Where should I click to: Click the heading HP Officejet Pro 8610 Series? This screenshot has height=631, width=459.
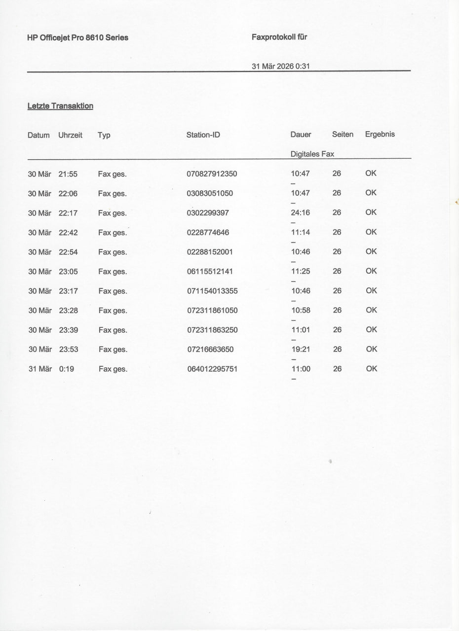point(78,37)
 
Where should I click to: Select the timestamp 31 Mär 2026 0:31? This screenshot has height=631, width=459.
point(280,66)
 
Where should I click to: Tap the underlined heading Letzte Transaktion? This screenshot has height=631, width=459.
point(60,106)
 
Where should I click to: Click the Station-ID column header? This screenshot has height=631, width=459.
point(203,135)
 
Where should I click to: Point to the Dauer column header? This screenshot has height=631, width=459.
point(301,135)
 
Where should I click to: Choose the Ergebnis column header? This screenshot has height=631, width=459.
point(380,134)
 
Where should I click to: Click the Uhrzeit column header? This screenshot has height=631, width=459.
point(70,135)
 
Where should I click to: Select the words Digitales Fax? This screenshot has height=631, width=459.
point(312,154)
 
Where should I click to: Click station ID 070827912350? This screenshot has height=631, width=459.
point(212,174)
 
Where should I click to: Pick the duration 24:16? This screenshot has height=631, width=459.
point(301,212)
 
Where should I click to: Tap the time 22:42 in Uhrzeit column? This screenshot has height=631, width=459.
point(68,233)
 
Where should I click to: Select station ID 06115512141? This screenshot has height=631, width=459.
point(210,272)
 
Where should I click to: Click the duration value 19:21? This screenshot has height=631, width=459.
point(301,349)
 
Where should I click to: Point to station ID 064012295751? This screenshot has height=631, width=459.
point(212,369)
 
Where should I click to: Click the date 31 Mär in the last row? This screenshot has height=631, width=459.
point(40,369)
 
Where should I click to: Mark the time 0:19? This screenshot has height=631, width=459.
point(66,369)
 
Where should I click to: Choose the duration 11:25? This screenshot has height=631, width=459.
point(301,271)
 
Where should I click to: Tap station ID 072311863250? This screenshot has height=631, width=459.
point(212,330)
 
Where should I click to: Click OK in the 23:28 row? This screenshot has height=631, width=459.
point(371,310)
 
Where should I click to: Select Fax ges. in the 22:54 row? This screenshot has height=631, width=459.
point(113,252)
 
